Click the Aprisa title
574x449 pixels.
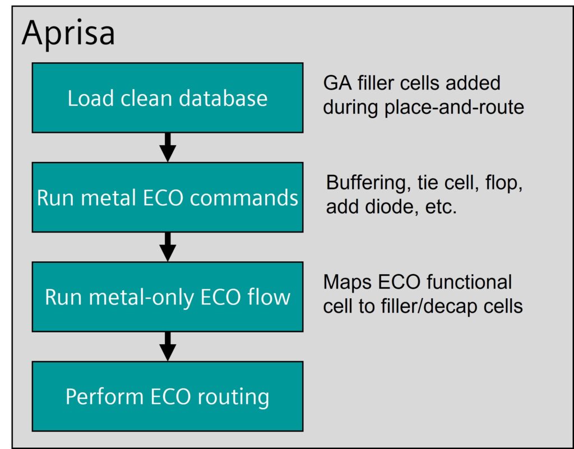68,34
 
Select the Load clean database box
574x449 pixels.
168,98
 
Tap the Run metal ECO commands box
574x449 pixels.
168,197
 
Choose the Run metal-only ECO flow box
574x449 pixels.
168,297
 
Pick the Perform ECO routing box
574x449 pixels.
168,396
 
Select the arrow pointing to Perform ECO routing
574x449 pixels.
168,346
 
